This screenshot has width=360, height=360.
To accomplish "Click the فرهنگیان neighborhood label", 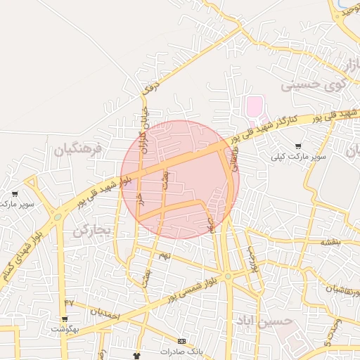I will click(x=77, y=149).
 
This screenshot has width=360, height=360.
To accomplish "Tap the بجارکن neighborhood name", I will click(x=91, y=231).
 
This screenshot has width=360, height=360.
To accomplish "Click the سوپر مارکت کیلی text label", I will click(x=300, y=157).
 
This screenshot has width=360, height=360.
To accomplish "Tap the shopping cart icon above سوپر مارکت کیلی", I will click(x=299, y=146).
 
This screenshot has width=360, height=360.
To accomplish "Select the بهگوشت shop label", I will click(x=65, y=329).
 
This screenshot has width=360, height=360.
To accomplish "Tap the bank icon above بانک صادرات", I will click(x=183, y=341).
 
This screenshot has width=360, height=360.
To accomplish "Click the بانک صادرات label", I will click(x=181, y=351).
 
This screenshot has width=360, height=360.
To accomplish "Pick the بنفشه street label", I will click(x=330, y=242).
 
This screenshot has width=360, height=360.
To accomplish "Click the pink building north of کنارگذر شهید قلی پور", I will click(x=253, y=108).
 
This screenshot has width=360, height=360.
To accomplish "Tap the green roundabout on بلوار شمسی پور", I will click(x=227, y=276).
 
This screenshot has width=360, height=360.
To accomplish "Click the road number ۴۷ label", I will click(x=68, y=302).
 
